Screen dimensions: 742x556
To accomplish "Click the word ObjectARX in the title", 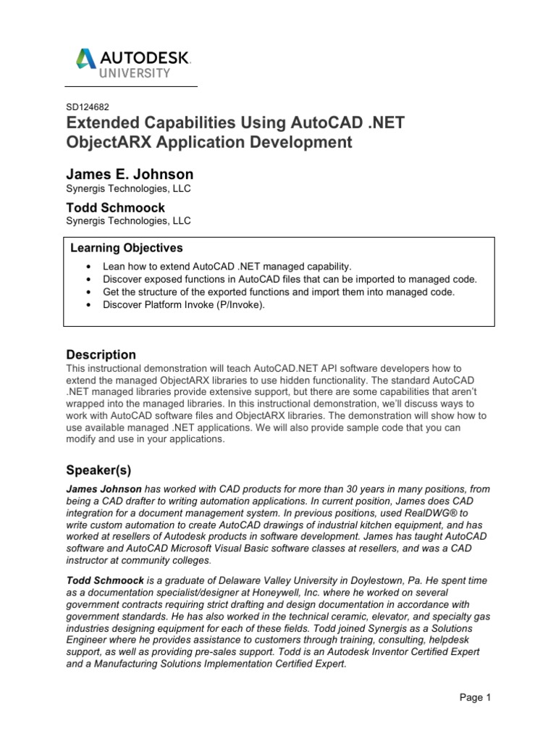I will click(106, 142).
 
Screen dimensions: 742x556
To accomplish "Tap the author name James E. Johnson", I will click(130, 175).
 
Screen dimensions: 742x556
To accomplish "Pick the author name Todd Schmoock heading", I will click(115, 207).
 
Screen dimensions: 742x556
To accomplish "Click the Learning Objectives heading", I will click(127, 249).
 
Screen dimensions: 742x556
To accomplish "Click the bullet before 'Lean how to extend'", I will click(88, 267).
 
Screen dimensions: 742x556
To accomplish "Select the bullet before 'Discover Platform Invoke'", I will click(88, 304).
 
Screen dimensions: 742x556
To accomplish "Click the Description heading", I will click(101, 354).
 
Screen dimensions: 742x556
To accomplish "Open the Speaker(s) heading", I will click(98, 470).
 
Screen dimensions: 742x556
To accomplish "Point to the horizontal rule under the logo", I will click(131, 87).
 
